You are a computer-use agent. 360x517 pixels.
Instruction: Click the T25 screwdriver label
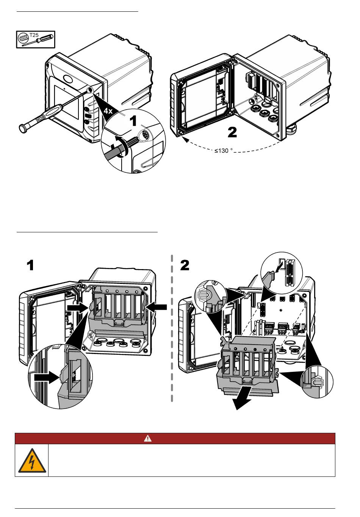[x=34, y=35]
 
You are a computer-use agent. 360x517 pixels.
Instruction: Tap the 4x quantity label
[x=108, y=111]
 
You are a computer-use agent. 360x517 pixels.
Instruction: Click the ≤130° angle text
[x=224, y=151]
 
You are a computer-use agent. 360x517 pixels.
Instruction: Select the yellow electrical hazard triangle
[x=32, y=461]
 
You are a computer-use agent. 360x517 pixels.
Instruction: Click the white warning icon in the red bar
[x=148, y=438]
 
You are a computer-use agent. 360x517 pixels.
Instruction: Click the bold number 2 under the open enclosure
[x=232, y=133]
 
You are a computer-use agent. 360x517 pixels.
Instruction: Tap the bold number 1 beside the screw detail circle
[x=133, y=121]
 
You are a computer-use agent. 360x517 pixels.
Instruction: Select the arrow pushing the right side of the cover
[x=157, y=307]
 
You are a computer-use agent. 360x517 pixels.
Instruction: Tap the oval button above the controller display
[x=68, y=78]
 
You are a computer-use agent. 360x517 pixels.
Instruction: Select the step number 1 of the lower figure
[x=30, y=265]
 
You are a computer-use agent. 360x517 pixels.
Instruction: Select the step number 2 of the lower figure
[x=185, y=265]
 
